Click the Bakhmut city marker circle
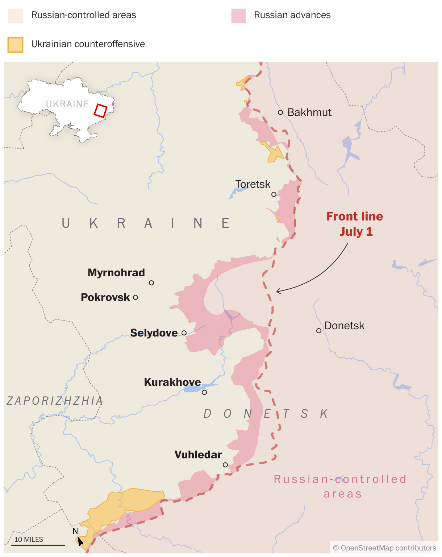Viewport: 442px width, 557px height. coord(280,112)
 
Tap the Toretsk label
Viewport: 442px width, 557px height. coord(253,184)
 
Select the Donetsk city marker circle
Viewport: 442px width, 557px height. coord(319,331)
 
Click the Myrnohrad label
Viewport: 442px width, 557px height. coord(116,273)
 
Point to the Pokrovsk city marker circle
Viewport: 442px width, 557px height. coord(135,297)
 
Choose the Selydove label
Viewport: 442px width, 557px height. coord(154,333)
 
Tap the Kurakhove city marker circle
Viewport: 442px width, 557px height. coord(204,392)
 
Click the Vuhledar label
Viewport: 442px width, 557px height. coord(198,455)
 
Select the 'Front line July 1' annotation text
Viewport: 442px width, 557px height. coord(355,224)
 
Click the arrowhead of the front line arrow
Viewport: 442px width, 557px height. coord(278,291)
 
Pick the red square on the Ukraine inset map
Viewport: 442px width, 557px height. coord(101,111)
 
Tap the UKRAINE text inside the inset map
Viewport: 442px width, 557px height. coord(67,104)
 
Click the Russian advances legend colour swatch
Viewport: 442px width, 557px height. coord(238,16)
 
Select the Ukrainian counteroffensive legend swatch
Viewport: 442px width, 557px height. coord(16,45)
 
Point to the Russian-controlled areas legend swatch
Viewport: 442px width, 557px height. coord(16,16)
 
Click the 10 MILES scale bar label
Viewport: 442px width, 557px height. coord(29,540)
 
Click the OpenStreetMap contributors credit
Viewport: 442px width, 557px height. coord(384,548)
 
